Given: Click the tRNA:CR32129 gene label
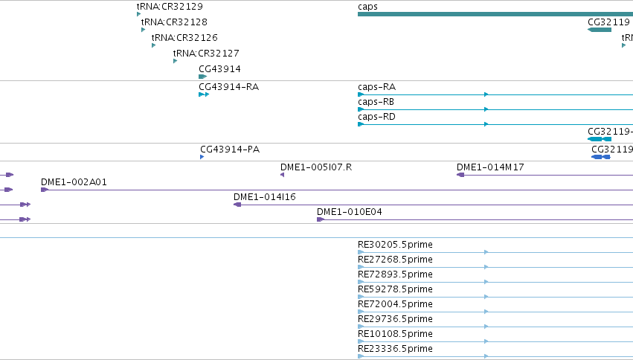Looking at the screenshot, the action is (170, 7).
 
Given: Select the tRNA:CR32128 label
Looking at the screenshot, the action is (174, 22).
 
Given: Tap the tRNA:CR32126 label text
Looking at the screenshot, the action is (184, 38).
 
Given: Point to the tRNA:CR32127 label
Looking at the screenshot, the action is (206, 54).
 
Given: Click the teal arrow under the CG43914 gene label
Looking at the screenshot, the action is (202, 77).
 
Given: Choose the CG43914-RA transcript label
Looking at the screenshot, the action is (228, 87).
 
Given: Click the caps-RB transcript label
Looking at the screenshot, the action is (376, 102).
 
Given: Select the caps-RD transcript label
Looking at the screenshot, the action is (376, 117).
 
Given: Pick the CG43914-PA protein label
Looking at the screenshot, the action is (230, 150).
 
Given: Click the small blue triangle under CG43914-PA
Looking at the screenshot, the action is (202, 157).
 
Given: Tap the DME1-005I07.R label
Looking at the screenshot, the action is (316, 167).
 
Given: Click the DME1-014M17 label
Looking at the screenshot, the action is (490, 167).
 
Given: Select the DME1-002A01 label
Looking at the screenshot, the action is (74, 182).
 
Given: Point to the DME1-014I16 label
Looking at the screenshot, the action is (264, 197).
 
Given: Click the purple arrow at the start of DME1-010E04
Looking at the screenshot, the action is (321, 219).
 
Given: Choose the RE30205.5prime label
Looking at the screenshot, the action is (395, 245).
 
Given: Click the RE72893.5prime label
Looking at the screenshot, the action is (395, 274).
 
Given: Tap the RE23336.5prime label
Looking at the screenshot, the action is (395, 349).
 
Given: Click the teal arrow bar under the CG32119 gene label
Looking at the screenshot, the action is (600, 30).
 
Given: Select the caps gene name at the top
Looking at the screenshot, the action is (367, 7).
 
